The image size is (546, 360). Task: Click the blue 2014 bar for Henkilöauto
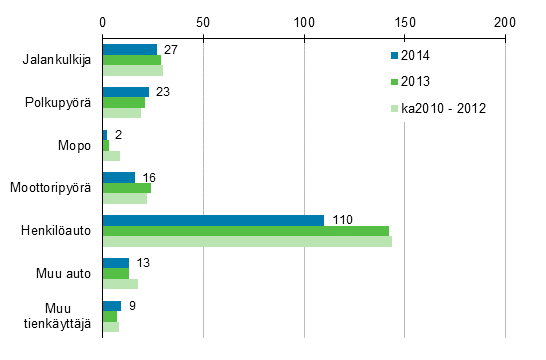[x=213, y=220]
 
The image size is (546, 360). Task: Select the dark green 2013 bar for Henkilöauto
[x=245, y=231]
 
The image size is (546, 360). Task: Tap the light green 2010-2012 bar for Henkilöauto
[x=247, y=242]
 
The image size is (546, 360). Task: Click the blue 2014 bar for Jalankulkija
[x=129, y=49]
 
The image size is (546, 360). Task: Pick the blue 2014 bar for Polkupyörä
[x=125, y=92]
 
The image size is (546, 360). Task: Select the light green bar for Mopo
[x=111, y=156]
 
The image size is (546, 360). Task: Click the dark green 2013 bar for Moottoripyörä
[x=126, y=188]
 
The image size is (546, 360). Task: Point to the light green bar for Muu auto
[x=120, y=284]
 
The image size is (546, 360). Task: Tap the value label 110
[x=342, y=219]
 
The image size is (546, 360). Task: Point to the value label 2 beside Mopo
[x=117, y=134]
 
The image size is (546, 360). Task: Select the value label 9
[x=133, y=305]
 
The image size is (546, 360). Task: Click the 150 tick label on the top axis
[x=404, y=20]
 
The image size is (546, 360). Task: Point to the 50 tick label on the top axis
[x=203, y=20]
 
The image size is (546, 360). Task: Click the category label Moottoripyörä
[x=51, y=188]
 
